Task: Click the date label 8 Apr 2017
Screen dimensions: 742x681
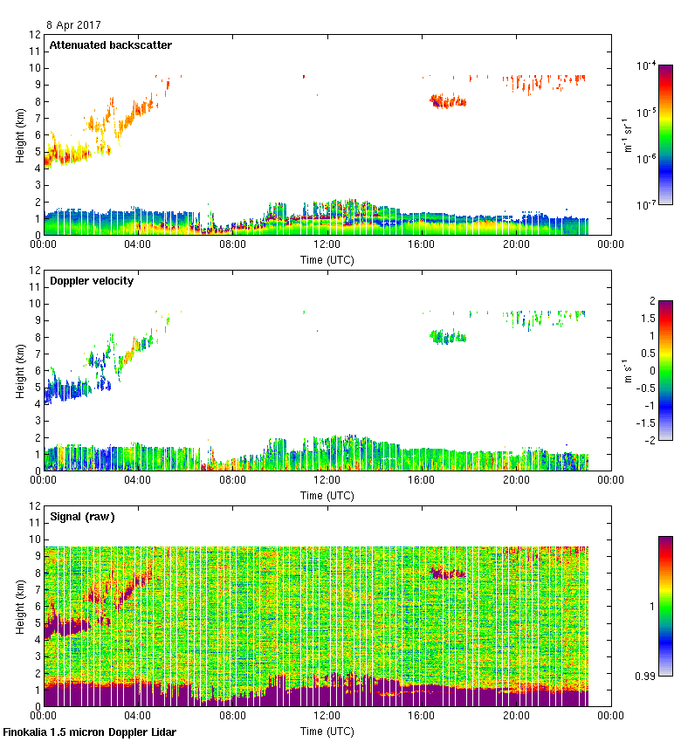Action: pyautogui.click(x=73, y=25)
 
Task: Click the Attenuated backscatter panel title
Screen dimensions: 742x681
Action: pyautogui.click(x=110, y=45)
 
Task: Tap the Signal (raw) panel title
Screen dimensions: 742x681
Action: pyautogui.click(x=82, y=516)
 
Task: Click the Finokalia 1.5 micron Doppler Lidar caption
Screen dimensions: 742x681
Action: pyautogui.click(x=89, y=732)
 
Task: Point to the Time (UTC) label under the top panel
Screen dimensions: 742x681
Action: pyautogui.click(x=327, y=259)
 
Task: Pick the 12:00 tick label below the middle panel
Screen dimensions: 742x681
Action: pyautogui.click(x=327, y=481)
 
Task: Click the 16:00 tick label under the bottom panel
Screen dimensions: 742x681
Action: pyautogui.click(x=422, y=717)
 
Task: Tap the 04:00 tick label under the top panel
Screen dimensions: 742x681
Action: pyautogui.click(x=138, y=245)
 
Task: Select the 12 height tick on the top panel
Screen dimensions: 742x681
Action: pyautogui.click(x=35, y=35)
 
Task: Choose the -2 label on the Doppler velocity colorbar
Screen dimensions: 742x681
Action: pyautogui.click(x=640, y=440)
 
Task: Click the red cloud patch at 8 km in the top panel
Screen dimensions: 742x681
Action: pyautogui.click(x=448, y=101)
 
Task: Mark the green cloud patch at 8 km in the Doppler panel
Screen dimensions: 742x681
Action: pyautogui.click(x=448, y=336)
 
